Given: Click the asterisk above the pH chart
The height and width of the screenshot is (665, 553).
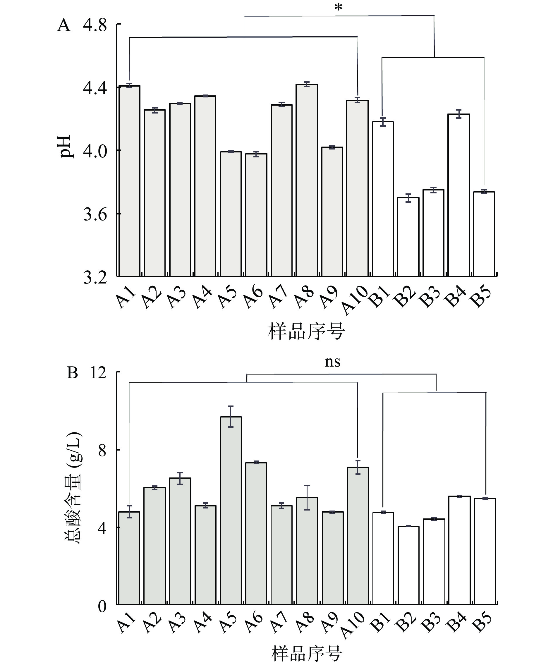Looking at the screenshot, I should pyautogui.click(x=339, y=7).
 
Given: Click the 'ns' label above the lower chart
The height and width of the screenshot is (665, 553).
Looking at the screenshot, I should pyautogui.click(x=333, y=362).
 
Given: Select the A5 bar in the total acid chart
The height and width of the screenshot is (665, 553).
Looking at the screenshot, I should pyautogui.click(x=231, y=510).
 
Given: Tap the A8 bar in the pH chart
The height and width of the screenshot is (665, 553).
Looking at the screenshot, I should pyautogui.click(x=307, y=181).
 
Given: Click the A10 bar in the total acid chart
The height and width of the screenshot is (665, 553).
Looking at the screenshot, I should pyautogui.click(x=358, y=535).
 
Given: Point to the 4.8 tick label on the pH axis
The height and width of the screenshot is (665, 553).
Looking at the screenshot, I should pyautogui.click(x=95, y=25).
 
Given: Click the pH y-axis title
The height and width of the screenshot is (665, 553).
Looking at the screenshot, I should pyautogui.click(x=67, y=147).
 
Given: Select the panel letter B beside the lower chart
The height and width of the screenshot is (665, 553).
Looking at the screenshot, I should pyautogui.click(x=72, y=373).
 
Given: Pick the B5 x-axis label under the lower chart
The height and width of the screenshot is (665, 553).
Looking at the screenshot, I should pyautogui.click(x=482, y=623).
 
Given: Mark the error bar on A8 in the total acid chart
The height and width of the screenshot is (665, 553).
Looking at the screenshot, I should pyautogui.click(x=307, y=497).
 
